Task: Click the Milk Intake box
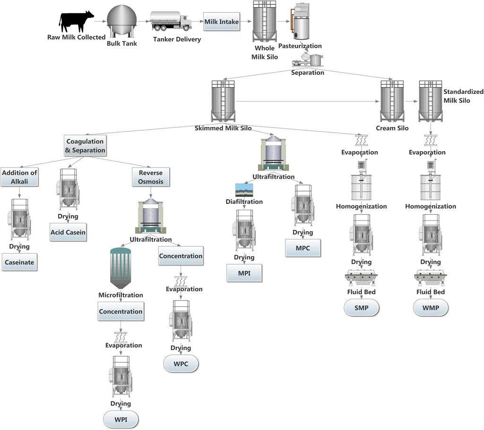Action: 222,22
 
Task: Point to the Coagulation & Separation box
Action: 86,146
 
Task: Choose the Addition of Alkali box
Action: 19,177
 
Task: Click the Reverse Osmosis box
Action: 151,177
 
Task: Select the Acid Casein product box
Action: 68,232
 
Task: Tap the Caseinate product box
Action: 19,262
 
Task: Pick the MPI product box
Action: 244,273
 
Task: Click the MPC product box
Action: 302,247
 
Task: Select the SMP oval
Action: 361,308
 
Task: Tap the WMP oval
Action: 431,308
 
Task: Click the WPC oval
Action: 181,364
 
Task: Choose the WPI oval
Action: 121,419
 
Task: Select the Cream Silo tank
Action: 392,101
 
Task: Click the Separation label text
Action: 308,73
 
